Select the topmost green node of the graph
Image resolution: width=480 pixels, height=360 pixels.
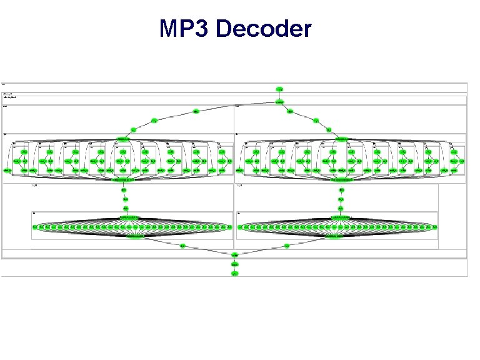coord(280,88)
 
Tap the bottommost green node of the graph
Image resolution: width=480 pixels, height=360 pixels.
coord(234,274)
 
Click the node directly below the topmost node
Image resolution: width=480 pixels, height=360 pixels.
coord(280,102)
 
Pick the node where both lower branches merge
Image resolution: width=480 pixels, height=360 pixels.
coord(234,255)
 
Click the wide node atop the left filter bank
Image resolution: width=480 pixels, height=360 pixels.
coord(122,138)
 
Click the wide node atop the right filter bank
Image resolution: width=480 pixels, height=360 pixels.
coord(342,138)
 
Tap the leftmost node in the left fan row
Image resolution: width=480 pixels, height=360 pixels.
coord(35,227)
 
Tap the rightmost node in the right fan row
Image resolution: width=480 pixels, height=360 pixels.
coord(434,227)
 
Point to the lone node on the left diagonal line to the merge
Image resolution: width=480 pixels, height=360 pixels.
coord(182,246)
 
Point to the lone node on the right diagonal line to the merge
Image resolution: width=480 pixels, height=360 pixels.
coord(287,246)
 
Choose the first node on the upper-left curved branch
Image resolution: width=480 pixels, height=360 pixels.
coord(196,112)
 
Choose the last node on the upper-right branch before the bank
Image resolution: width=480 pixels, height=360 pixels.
coord(329,129)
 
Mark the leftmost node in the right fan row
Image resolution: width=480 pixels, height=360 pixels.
coord(241,227)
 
